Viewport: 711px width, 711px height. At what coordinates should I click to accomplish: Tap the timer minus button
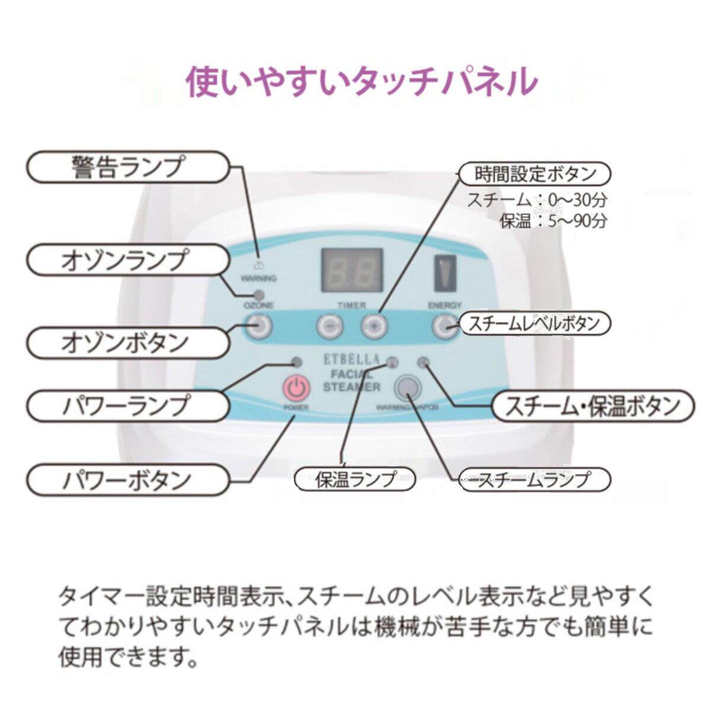click(330, 325)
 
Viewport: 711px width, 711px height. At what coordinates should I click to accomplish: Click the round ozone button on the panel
click(259, 325)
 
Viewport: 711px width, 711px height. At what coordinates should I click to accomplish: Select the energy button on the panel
click(445, 325)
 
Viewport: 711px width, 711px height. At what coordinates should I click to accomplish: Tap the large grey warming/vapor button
click(408, 387)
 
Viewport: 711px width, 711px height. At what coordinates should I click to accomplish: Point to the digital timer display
click(352, 271)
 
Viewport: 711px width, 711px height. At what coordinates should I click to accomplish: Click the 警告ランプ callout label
click(128, 166)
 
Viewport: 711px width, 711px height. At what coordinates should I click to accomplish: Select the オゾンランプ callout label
click(128, 261)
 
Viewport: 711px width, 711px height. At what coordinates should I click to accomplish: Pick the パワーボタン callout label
click(128, 479)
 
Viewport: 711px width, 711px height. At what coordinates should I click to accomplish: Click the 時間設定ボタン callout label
click(535, 174)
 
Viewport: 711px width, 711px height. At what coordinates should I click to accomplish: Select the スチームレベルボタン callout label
click(535, 324)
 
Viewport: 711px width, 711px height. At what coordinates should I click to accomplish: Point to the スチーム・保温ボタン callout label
click(592, 406)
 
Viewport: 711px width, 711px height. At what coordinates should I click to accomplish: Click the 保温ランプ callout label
click(355, 479)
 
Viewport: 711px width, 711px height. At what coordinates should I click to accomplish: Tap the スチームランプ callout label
click(535, 479)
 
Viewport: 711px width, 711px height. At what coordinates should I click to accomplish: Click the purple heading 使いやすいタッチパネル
click(361, 81)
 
